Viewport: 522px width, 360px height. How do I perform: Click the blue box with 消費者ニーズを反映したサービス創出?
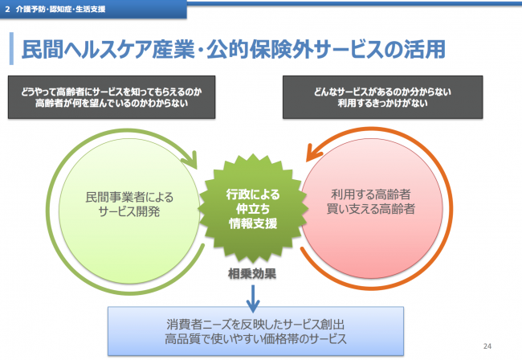[x=253, y=330]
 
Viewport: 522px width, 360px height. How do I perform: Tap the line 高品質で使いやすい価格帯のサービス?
[x=253, y=338]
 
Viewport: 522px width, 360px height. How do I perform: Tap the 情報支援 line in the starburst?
[x=253, y=223]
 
